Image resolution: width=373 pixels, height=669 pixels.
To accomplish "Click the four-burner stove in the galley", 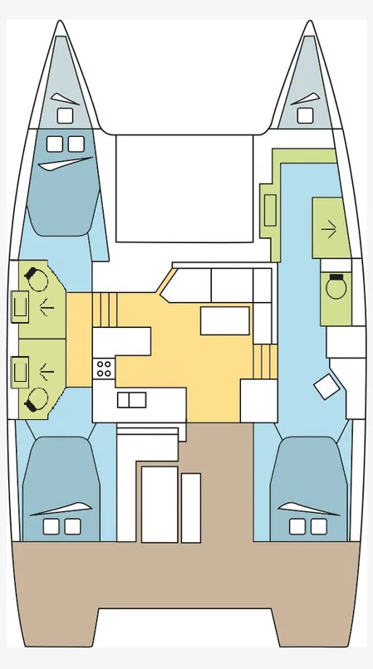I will (104, 368).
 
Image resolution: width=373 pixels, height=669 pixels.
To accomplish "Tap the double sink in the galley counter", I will (131, 400).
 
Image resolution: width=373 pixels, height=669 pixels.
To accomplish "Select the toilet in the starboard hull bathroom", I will (336, 287).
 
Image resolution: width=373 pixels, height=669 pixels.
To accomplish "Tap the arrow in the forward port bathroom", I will (47, 306).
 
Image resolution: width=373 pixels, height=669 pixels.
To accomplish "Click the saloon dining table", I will (224, 320).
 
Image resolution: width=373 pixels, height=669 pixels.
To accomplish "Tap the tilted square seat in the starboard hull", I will (326, 387).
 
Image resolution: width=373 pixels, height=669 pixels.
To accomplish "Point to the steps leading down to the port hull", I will (101, 310).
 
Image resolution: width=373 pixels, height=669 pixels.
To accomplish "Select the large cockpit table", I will (160, 504).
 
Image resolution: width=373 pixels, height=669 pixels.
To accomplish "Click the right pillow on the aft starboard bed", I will (318, 526).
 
